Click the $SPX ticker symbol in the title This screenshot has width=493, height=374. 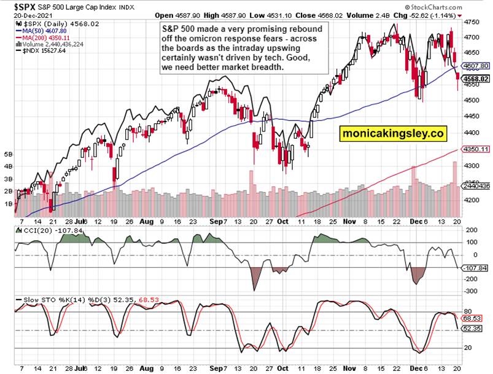click(x=17, y=7)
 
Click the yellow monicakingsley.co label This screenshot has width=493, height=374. click(x=392, y=133)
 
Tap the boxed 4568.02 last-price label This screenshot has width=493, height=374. click(x=476, y=79)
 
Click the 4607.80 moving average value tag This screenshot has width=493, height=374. click(x=476, y=66)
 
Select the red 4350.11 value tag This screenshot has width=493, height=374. click(x=476, y=149)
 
